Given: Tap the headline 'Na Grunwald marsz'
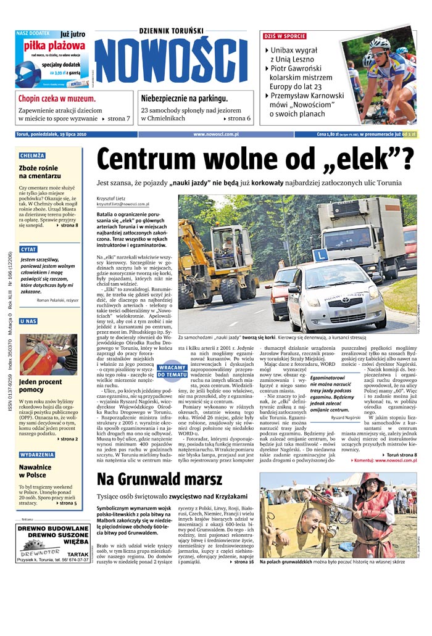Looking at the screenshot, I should click(x=159, y=479).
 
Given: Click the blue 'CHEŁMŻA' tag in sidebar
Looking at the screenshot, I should click(x=31, y=155).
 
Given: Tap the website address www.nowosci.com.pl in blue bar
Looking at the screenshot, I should click(x=215, y=134).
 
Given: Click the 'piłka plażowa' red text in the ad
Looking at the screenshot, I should click(x=54, y=46).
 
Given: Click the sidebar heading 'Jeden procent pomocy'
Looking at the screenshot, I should click(x=40, y=386).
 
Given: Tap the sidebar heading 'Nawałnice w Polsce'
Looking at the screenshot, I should click(x=35, y=471).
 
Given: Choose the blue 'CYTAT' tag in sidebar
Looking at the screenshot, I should click(x=28, y=249).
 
